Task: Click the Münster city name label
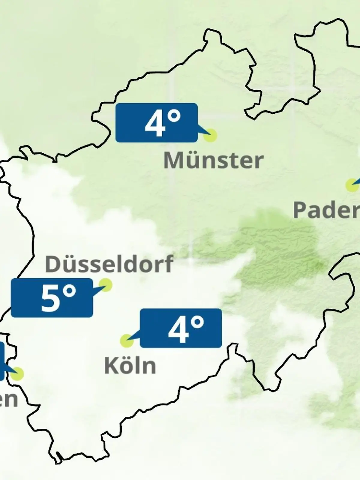click(213, 160)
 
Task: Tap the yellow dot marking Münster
click(210, 135)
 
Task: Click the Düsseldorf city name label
click(109, 264)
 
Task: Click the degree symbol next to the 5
click(69, 291)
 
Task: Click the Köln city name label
click(130, 366)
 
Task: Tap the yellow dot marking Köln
click(127, 341)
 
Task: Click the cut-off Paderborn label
click(326, 210)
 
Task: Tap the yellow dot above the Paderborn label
click(352, 185)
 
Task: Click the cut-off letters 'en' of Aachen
click(8, 400)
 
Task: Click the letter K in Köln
click(110, 366)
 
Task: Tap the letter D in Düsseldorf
click(52, 264)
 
